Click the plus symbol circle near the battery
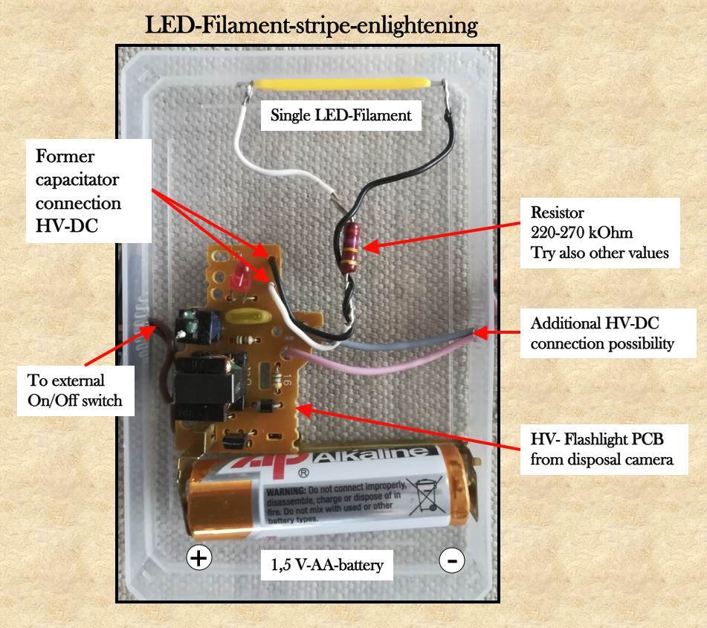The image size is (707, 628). [198, 557]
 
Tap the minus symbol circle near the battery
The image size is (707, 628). [451, 560]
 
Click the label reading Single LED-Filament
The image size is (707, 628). [340, 116]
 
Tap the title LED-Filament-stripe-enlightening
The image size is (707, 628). [311, 25]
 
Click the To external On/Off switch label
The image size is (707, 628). [74, 391]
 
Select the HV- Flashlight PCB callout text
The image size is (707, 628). [601, 450]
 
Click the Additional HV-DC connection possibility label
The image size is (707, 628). [601, 334]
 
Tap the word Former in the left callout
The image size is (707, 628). [65, 157]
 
